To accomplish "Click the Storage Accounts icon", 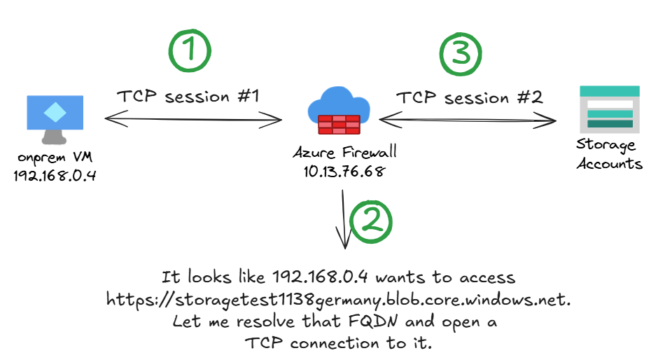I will [x=610, y=109].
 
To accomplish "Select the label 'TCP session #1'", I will [x=188, y=97].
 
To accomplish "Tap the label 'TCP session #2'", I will [x=470, y=97].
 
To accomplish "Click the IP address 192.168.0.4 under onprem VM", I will [x=55, y=175].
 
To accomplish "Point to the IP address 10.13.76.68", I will [x=339, y=171].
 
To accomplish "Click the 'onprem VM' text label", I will [x=55, y=158].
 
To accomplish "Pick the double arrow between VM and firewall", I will [x=192, y=121].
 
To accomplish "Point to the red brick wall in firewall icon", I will [x=338, y=125].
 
